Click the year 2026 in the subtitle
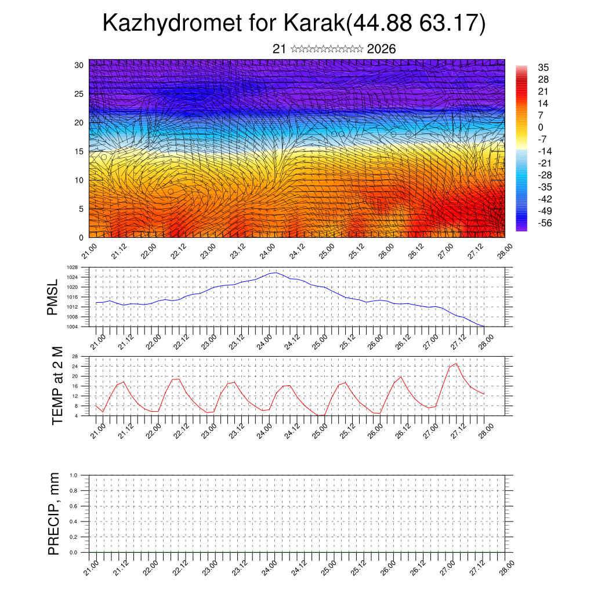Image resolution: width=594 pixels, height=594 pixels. pos(381,49)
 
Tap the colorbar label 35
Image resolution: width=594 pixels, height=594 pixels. pos(544,68)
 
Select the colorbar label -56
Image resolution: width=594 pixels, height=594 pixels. pos(546,222)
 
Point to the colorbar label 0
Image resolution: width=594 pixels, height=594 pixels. pos(541,127)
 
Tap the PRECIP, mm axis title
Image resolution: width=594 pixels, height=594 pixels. pos(54,513)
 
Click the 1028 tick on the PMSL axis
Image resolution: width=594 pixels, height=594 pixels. pos(72,267)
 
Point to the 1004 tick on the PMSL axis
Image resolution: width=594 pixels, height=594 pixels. pos(72,327)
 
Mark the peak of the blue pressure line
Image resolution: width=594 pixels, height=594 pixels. pos(275,272)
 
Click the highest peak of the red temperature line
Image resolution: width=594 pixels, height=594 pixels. pos(456,364)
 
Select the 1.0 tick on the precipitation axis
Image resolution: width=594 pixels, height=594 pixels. pos(73,475)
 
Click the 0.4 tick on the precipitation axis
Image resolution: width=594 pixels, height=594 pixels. pos(73,521)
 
